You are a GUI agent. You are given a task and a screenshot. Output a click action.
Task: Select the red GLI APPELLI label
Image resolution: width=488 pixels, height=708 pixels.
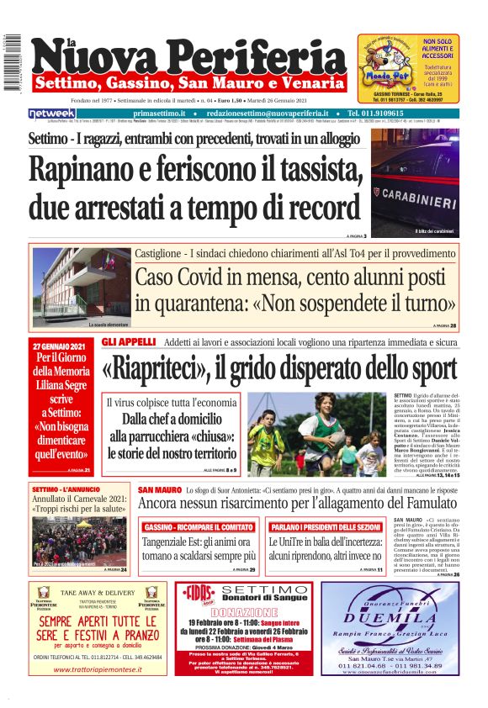[x=129, y=342]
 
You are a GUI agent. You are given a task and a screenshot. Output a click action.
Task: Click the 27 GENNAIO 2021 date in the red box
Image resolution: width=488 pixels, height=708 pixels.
[x=61, y=346]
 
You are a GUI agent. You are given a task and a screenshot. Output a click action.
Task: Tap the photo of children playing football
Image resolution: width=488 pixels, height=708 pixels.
[x=319, y=435]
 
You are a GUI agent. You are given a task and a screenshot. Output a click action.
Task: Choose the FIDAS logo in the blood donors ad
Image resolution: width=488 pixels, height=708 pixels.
[x=199, y=593]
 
